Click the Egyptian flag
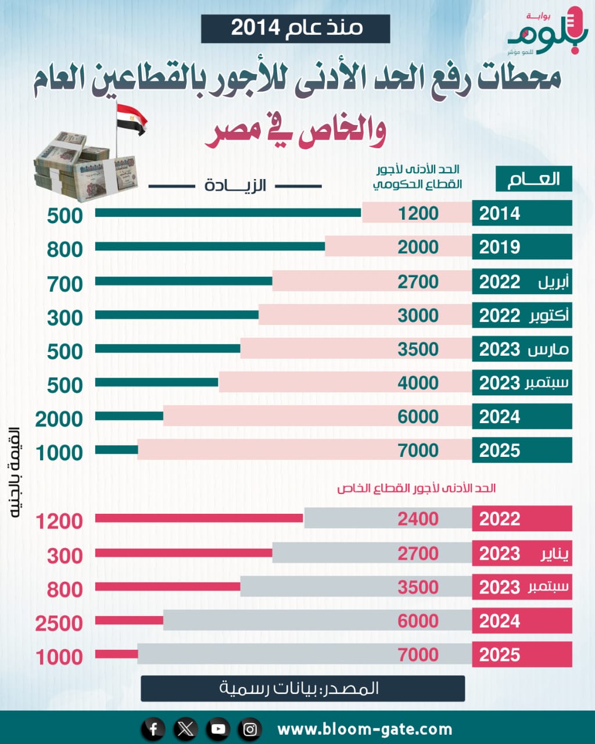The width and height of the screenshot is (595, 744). click(131, 119)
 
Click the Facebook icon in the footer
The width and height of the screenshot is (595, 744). click(153, 729)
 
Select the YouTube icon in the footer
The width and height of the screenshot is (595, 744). click(218, 729)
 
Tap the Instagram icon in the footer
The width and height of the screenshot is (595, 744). click(250, 729)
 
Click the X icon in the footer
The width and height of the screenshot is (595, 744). click(186, 729)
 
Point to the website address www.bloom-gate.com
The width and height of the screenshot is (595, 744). click(364, 729)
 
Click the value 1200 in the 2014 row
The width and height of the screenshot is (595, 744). click(418, 213)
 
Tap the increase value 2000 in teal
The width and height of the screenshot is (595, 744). click(59, 419)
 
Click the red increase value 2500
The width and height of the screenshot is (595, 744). click(59, 624)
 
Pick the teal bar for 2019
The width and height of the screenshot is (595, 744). click(210, 246)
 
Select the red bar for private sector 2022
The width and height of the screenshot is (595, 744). click(199, 518)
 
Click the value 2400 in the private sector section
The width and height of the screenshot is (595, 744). click(418, 518)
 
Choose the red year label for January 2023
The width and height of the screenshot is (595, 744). click(521, 553)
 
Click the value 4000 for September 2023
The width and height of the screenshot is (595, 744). click(418, 383)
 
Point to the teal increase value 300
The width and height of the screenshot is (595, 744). click(65, 318)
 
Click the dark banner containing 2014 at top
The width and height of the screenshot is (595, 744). click(295, 28)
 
